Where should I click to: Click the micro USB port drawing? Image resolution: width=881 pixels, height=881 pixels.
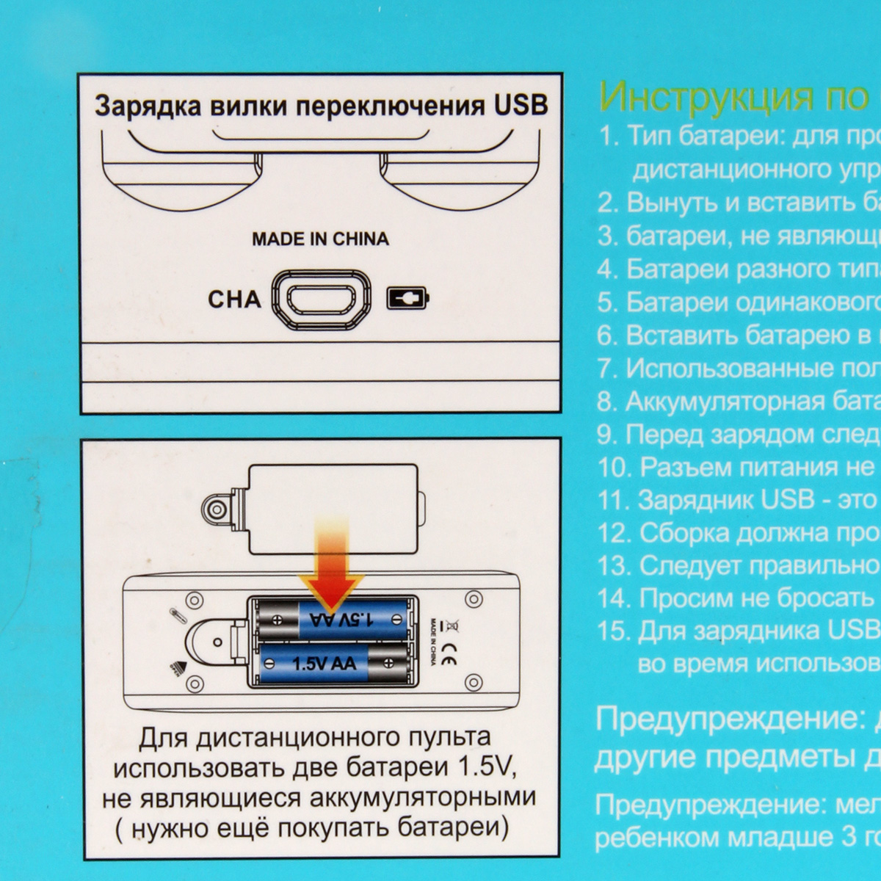point(321,299)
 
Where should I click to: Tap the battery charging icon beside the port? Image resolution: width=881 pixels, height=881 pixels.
point(407,298)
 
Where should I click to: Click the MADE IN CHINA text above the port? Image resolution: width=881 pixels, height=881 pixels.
point(320,239)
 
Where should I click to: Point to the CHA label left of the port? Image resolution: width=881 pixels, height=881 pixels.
point(234,300)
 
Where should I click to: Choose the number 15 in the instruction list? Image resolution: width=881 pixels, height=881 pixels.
point(614,631)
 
